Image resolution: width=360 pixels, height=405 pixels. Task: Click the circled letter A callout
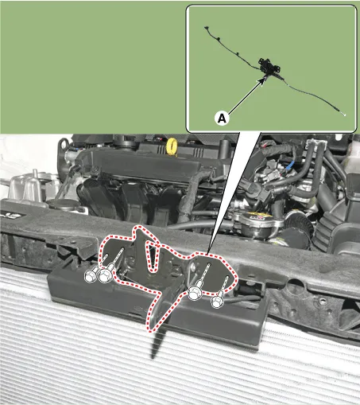tap(222, 118)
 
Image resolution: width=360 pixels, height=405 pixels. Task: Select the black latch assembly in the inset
tap(269, 66)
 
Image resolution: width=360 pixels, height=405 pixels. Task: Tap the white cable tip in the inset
tap(344, 115)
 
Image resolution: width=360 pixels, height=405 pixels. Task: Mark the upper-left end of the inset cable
tap(205, 27)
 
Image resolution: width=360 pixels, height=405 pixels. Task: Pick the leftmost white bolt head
tap(91, 275)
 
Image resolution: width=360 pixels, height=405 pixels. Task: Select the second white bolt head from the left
tap(105, 275)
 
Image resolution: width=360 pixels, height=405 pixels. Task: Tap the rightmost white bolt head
tap(217, 302)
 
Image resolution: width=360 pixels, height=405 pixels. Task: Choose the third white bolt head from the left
tap(195, 294)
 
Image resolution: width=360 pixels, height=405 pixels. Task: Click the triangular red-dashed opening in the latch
tap(152, 257)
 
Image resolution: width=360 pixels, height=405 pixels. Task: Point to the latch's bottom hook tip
tap(151, 329)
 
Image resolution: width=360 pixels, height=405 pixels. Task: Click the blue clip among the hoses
tap(290, 166)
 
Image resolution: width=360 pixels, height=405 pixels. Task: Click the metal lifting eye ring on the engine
tap(63, 146)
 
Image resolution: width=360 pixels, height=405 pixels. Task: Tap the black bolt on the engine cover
tap(95, 169)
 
